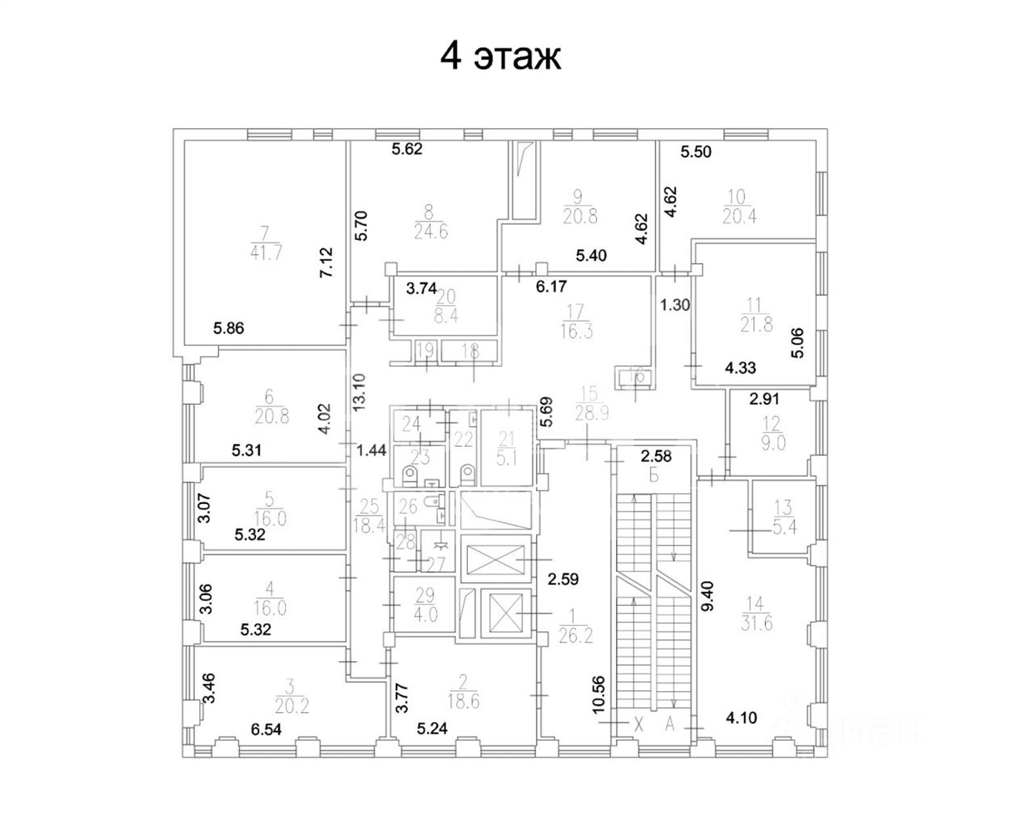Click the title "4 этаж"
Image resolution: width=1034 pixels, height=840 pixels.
pos(500,56)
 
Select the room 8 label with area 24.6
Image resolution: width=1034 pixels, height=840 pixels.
pos(431,222)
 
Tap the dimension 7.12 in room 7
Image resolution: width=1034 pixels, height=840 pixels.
pos(326,262)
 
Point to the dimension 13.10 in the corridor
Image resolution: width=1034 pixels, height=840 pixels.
pos(358,392)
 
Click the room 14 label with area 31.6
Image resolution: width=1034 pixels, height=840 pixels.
pos(756,613)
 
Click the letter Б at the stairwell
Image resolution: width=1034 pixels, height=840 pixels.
pos(654,475)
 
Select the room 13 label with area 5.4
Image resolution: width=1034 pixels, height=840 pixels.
pos(783,517)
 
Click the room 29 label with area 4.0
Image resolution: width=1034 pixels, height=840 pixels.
pos(425,604)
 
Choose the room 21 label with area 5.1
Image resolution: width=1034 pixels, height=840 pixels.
pos(507,448)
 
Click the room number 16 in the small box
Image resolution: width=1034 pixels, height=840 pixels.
pos(636,376)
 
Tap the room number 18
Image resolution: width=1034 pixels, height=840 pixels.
pos(470,351)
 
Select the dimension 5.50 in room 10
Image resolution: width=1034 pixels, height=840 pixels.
pos(696,152)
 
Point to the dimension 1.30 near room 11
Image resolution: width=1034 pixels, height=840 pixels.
pos(675,305)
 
